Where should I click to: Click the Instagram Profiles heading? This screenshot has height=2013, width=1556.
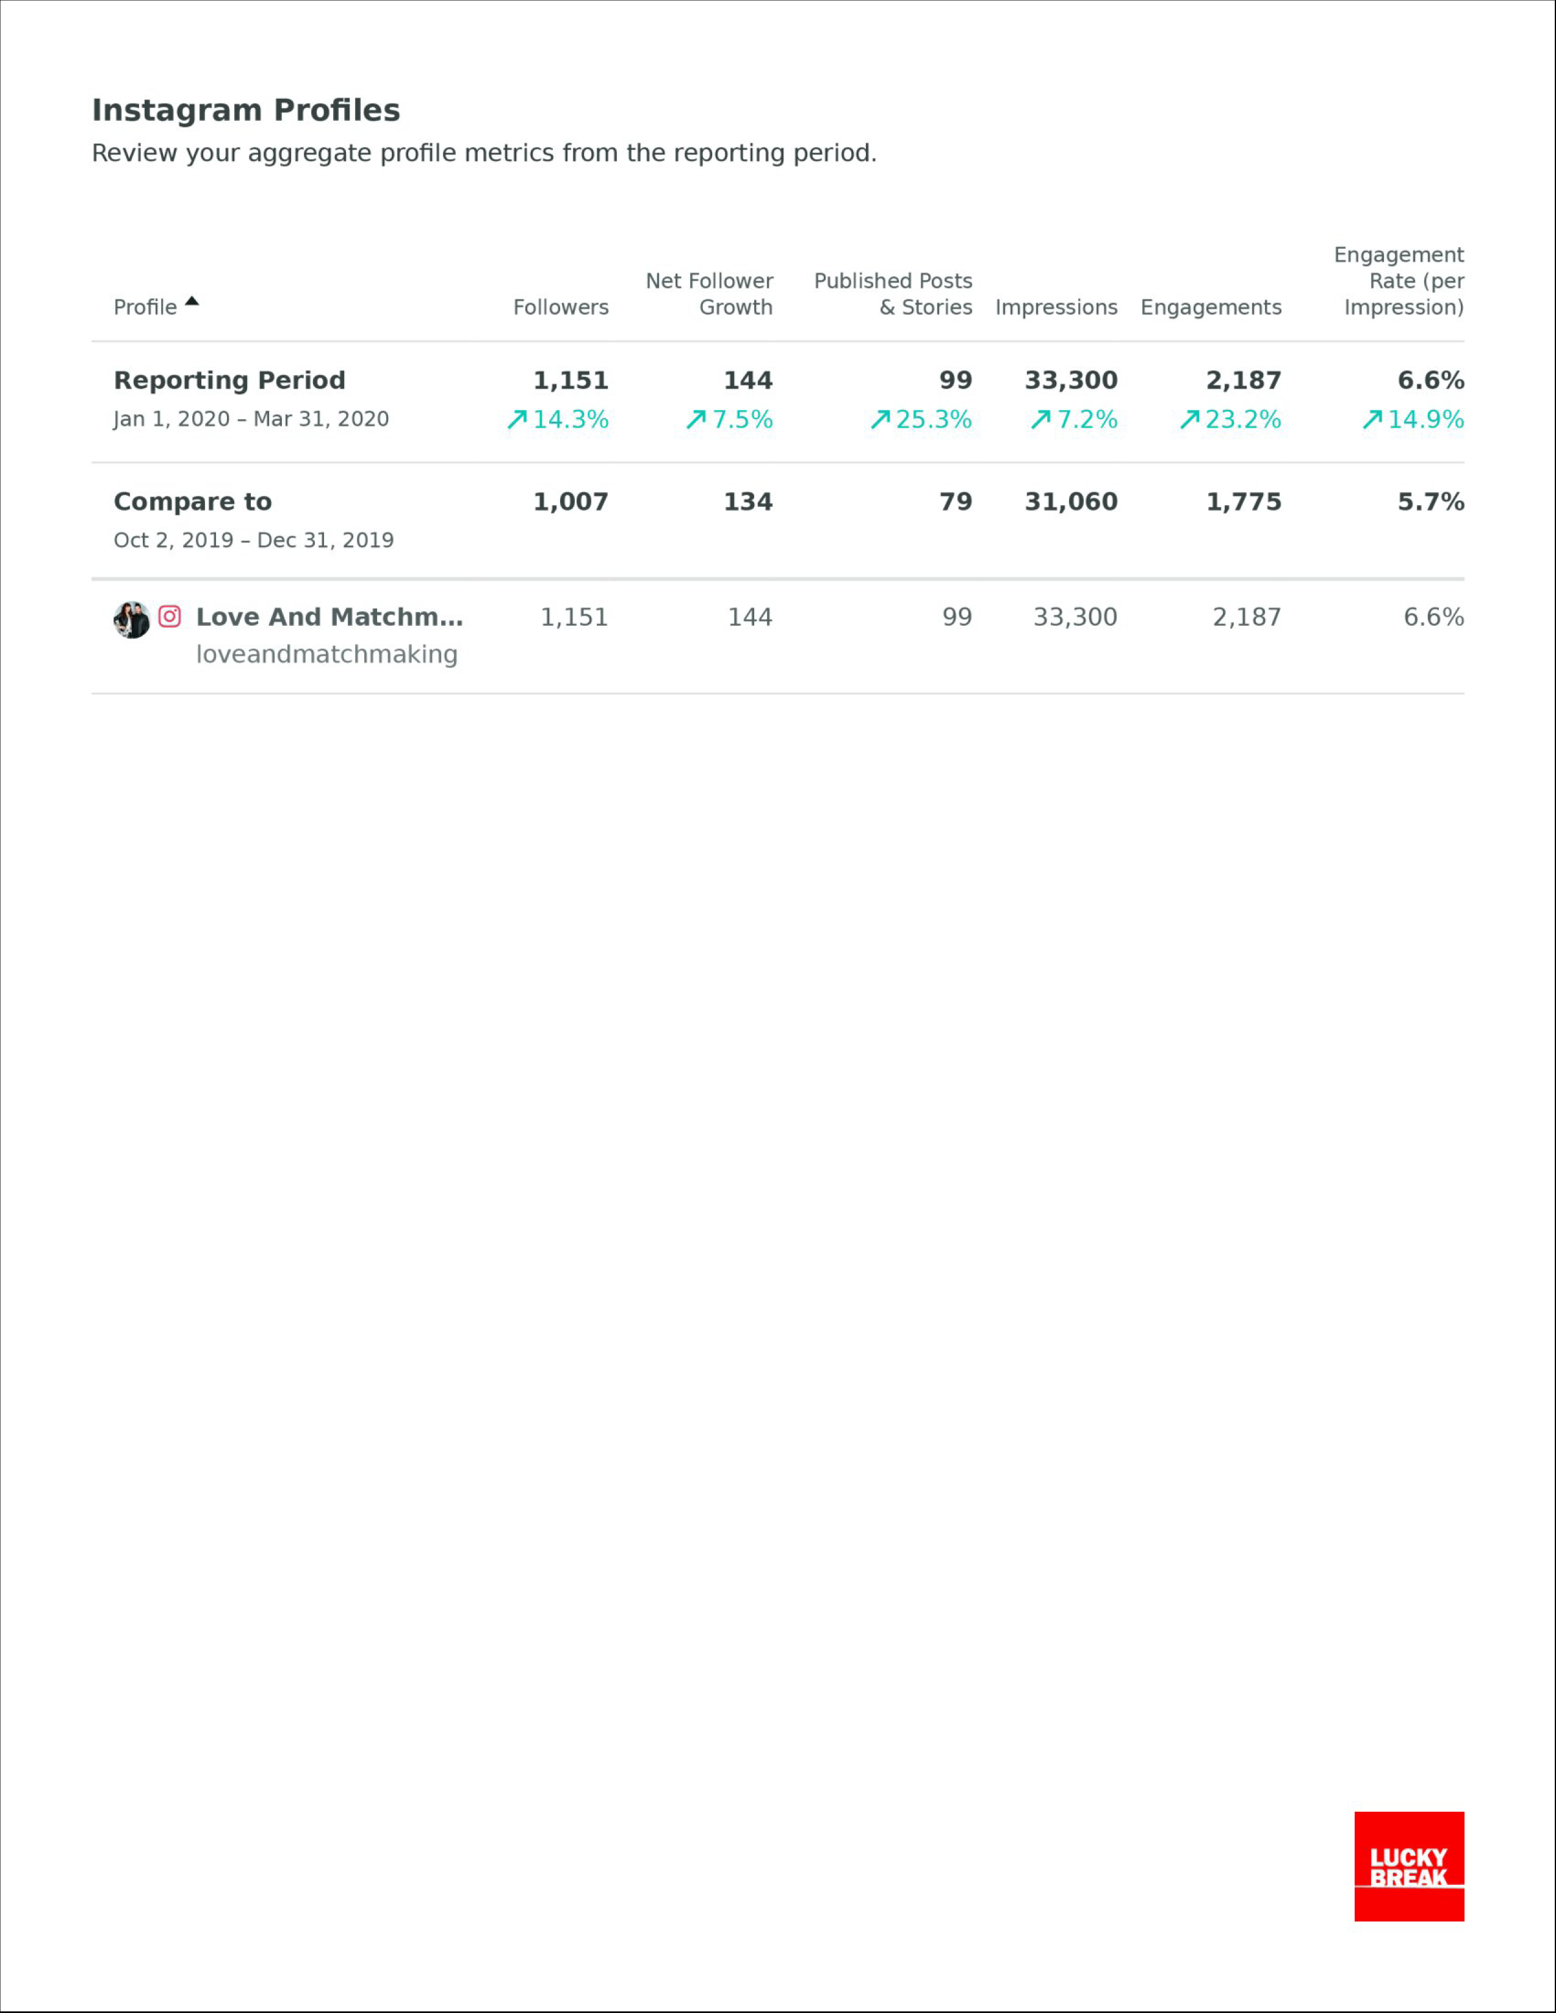(x=246, y=110)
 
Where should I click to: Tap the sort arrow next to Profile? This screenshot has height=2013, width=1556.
(x=192, y=301)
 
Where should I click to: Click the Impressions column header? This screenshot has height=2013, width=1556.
(x=1056, y=308)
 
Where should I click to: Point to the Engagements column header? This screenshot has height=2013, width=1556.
(x=1211, y=308)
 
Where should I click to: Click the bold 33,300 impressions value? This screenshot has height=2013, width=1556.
(x=1071, y=380)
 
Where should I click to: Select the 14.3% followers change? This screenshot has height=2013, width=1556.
(x=558, y=420)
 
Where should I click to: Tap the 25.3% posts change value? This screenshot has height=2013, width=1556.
(x=921, y=420)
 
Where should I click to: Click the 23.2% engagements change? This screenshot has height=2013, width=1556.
(x=1231, y=420)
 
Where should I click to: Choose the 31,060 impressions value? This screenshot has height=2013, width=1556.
(x=1071, y=501)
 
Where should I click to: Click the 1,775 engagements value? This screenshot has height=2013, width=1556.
(x=1244, y=501)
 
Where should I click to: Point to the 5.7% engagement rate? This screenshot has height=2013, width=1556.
(x=1431, y=501)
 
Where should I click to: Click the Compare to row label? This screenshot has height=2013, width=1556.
(x=193, y=501)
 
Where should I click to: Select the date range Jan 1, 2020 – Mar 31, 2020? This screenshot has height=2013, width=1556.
(x=251, y=420)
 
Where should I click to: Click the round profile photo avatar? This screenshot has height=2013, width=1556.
(x=132, y=619)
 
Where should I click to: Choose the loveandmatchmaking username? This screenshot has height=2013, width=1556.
(x=326, y=655)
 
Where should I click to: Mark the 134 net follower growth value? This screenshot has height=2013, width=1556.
(x=747, y=501)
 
